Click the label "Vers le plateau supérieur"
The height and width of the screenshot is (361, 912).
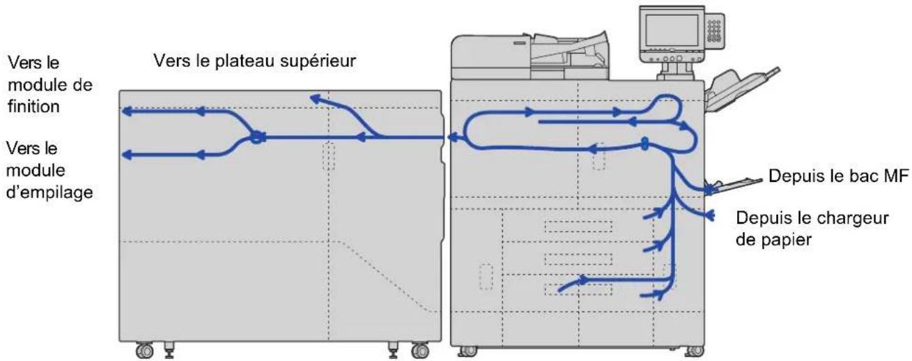[255, 61]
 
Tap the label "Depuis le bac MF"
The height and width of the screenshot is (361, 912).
[838, 176]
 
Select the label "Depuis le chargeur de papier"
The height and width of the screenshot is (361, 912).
[812, 229]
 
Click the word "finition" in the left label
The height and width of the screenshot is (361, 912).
[34, 107]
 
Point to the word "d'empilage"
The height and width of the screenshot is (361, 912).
[50, 192]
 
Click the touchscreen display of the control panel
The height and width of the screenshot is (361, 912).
[672, 30]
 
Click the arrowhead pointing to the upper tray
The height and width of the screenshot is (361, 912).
[316, 98]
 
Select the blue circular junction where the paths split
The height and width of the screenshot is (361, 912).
[256, 137]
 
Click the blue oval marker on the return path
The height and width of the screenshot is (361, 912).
[644, 144]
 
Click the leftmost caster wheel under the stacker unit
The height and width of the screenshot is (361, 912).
[144, 351]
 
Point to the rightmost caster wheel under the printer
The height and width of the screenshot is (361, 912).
[695, 351]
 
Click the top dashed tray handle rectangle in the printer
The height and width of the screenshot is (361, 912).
[578, 226]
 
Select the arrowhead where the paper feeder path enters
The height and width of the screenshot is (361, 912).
[711, 215]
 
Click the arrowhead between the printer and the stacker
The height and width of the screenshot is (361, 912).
[452, 137]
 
